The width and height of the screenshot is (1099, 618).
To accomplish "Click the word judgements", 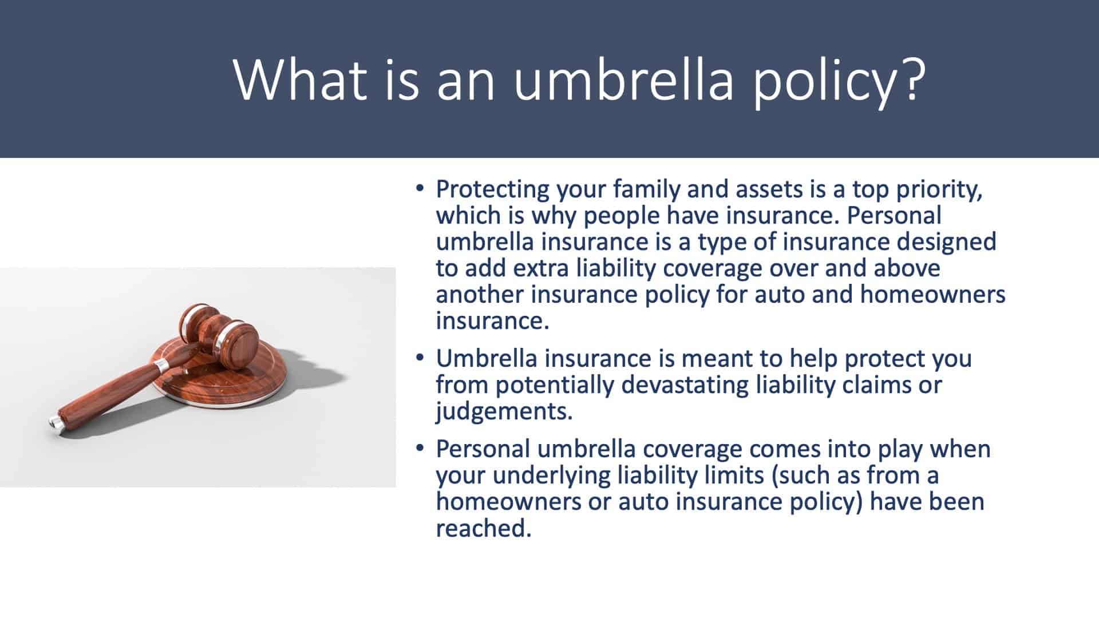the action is click(504, 412).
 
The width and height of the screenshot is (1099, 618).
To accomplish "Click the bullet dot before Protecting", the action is click(420, 188).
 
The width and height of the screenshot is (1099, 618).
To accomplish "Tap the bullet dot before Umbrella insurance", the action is click(420, 358).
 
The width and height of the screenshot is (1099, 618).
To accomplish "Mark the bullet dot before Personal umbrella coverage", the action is click(420, 448).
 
